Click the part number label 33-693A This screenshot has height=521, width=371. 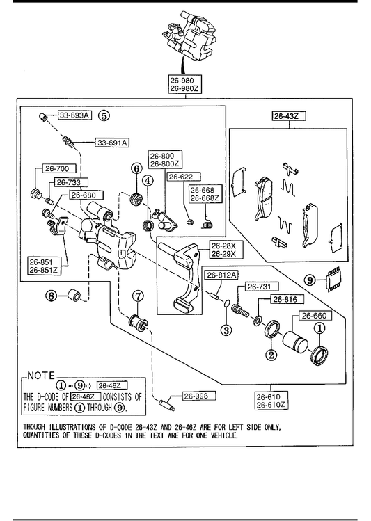[75, 115]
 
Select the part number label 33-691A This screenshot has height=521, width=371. [112, 143]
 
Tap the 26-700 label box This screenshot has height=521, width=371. [57, 168]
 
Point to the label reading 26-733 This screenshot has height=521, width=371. [69, 182]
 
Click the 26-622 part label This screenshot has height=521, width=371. [182, 177]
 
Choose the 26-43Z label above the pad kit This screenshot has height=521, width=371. [286, 116]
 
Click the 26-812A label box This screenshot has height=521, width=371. [221, 275]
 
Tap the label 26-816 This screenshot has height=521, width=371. [285, 299]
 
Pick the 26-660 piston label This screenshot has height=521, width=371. [315, 315]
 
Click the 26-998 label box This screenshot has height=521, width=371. [196, 396]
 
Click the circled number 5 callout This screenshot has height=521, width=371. [104, 115]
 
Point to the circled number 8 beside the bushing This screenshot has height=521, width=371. [52, 295]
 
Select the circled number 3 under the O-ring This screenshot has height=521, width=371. [226, 330]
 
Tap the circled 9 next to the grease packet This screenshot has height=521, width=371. [310, 280]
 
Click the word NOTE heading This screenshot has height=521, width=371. [41, 376]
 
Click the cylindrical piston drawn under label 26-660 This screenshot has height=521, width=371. [294, 342]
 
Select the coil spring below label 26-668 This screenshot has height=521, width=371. [208, 224]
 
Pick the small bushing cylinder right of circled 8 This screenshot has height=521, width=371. [74, 296]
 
